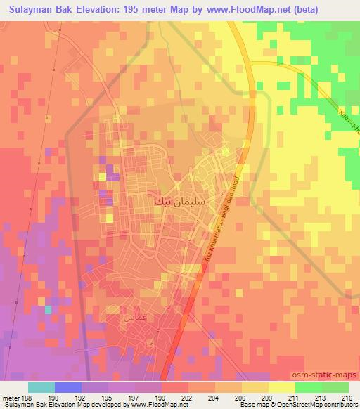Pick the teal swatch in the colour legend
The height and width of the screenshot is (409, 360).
coord(41,387)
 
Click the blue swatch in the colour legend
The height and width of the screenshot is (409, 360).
coord(68,387)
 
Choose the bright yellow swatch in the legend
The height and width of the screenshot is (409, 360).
coord(281,387)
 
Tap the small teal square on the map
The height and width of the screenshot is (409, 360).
coord(48,309)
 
